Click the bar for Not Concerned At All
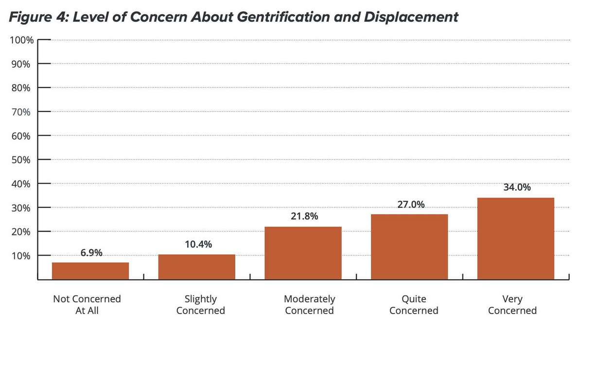pyautogui.click(x=90, y=271)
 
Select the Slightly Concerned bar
pyautogui.click(x=197, y=267)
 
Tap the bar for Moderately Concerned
pyautogui.click(x=303, y=253)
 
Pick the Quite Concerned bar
pyautogui.click(x=409, y=247)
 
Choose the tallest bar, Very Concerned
pyautogui.click(x=515, y=238)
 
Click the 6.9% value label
pyautogui.click(x=91, y=253)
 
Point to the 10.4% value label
pyautogui.click(x=198, y=245)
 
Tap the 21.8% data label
pyautogui.click(x=304, y=216)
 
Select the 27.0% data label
pyautogui.click(x=411, y=204)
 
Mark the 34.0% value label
pyautogui.click(x=517, y=187)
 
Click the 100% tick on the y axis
pyautogui.click(x=21, y=40)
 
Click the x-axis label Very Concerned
pyautogui.click(x=512, y=305)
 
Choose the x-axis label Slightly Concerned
pyautogui.click(x=200, y=305)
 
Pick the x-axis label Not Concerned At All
pyautogui.click(x=87, y=305)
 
